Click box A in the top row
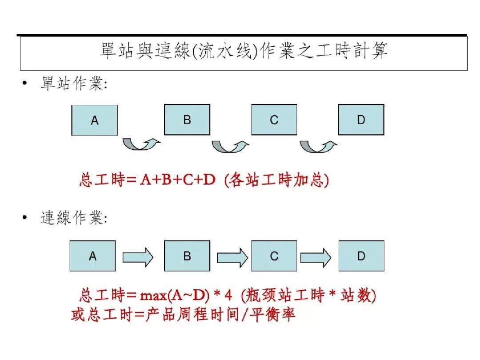pyautogui.click(x=94, y=120)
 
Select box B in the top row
pyautogui.click(x=187, y=120)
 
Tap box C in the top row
pyautogui.click(x=274, y=120)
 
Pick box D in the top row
pyautogui.click(x=361, y=120)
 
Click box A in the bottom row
pyautogui.click(x=92, y=256)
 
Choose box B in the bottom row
pyautogui.click(x=187, y=256)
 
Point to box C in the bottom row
pyautogui.click(x=274, y=256)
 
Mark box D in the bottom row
pyautogui.click(x=361, y=256)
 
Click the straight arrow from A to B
pyautogui.click(x=138, y=257)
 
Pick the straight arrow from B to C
pyautogui.click(x=232, y=257)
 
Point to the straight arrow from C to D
pyautogui.click(x=316, y=257)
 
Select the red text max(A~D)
pyautogui.click(x=175, y=296)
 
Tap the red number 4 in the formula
pyautogui.click(x=228, y=296)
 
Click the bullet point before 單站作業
pyautogui.click(x=25, y=83)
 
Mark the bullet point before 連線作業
pyautogui.click(x=25, y=217)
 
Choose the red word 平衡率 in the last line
pyautogui.click(x=272, y=314)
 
